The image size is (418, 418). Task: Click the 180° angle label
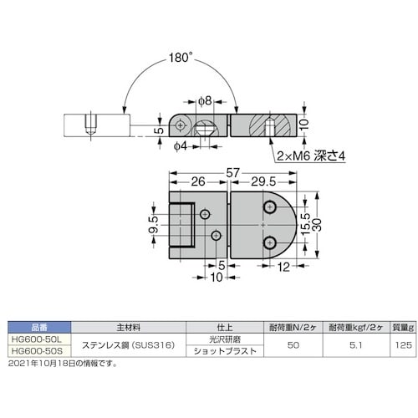tap(178, 59)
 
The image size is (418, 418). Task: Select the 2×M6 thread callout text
tap(305, 155)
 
